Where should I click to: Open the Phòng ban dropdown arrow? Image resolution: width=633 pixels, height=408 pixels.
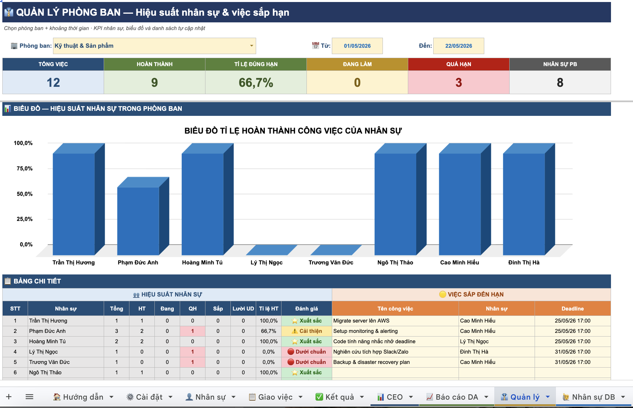(251, 46)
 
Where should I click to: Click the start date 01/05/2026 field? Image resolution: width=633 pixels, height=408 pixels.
(357, 46)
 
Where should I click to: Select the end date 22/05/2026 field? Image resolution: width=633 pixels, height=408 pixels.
(459, 46)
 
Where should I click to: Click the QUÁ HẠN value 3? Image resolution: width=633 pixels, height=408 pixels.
(459, 82)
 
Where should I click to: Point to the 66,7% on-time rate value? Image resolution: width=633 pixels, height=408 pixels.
(256, 82)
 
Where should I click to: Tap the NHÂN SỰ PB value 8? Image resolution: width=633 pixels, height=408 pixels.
(560, 82)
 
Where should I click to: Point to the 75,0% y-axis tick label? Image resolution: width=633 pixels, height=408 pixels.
(25, 169)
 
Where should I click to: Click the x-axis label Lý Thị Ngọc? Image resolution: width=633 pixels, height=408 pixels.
(266, 262)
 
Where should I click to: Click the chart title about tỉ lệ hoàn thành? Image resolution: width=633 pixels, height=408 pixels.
(293, 131)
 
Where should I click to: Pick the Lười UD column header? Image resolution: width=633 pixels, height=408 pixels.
(243, 309)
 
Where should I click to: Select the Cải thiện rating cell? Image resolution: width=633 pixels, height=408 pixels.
(306, 331)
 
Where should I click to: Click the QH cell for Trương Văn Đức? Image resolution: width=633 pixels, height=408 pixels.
(192, 362)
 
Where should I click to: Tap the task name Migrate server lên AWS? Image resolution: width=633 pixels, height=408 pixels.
(361, 321)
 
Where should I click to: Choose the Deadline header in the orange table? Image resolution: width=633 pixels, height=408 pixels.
(573, 309)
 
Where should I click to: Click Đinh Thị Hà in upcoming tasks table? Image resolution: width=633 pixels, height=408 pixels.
(474, 352)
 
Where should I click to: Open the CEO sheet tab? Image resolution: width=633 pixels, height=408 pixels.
(395, 397)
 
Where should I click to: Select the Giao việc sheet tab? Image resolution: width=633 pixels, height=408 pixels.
(275, 397)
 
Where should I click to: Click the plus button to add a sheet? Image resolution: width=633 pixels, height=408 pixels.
(9, 397)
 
